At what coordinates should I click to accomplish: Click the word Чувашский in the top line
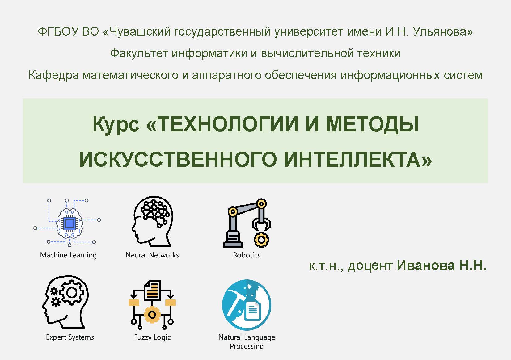140,32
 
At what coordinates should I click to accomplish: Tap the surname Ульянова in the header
442,31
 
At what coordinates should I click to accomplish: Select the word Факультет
139,53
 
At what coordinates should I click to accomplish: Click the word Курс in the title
116,125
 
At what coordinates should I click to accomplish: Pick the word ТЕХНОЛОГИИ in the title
228,124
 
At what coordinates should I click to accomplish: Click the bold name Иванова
426,265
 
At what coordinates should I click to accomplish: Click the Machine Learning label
69,255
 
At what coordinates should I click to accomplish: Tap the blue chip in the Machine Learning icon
70,224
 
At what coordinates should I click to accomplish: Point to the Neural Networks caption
152,255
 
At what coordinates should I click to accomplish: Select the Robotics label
247,255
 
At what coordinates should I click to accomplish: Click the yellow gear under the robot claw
261,240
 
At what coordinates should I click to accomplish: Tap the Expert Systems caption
70,337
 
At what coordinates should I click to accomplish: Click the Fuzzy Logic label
152,337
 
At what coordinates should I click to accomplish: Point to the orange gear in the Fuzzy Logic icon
152,315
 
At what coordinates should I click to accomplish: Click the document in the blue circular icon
252,310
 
